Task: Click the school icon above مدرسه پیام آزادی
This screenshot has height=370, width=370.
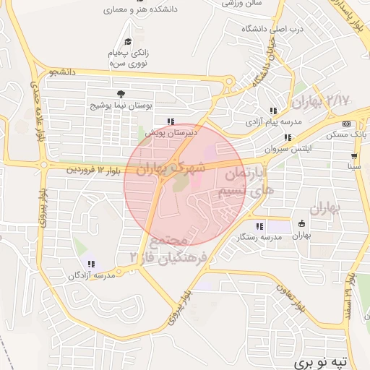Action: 273,111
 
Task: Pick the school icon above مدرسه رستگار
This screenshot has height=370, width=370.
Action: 260,226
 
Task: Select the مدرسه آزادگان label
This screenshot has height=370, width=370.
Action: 92,275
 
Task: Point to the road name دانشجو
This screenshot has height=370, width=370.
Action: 62,72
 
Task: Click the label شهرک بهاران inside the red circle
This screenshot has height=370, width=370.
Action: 171,169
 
